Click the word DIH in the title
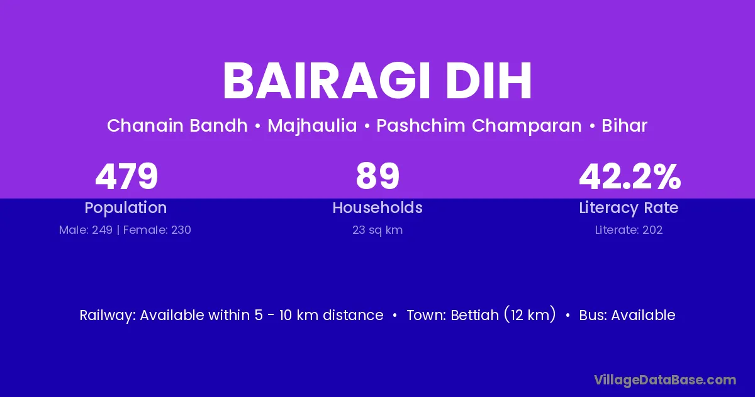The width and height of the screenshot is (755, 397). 489,81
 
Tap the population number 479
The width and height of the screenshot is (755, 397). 126,176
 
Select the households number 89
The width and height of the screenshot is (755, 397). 377,176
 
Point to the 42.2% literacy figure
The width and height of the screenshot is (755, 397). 630,176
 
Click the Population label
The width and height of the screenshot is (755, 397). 126,208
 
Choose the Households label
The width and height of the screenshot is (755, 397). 377,207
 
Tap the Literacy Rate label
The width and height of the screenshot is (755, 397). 629,208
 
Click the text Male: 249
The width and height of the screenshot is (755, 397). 86,230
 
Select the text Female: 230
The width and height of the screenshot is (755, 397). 157,230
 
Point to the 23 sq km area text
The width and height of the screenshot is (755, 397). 377,230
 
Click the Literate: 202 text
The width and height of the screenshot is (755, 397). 629,230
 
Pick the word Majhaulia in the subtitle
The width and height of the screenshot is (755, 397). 312,126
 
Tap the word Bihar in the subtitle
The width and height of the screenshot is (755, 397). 624,125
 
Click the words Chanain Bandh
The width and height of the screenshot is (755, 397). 177,125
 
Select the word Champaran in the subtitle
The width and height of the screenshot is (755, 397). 527,126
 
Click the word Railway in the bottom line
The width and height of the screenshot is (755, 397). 108,316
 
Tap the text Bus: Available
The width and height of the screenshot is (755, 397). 627,315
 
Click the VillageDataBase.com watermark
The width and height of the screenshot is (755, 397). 665,380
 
